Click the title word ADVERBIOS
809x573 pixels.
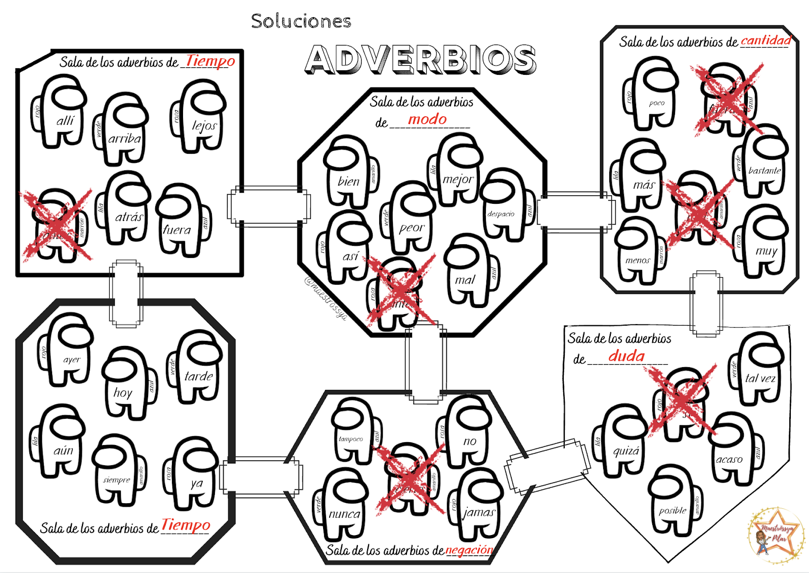click(x=421, y=60)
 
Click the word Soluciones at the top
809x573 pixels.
click(x=301, y=21)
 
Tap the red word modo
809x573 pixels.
click(x=427, y=119)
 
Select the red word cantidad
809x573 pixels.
click(x=766, y=40)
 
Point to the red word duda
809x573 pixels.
click(x=626, y=356)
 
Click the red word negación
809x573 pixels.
click(x=469, y=550)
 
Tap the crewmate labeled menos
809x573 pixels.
click(x=638, y=250)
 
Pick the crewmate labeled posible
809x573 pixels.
click(x=674, y=501)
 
